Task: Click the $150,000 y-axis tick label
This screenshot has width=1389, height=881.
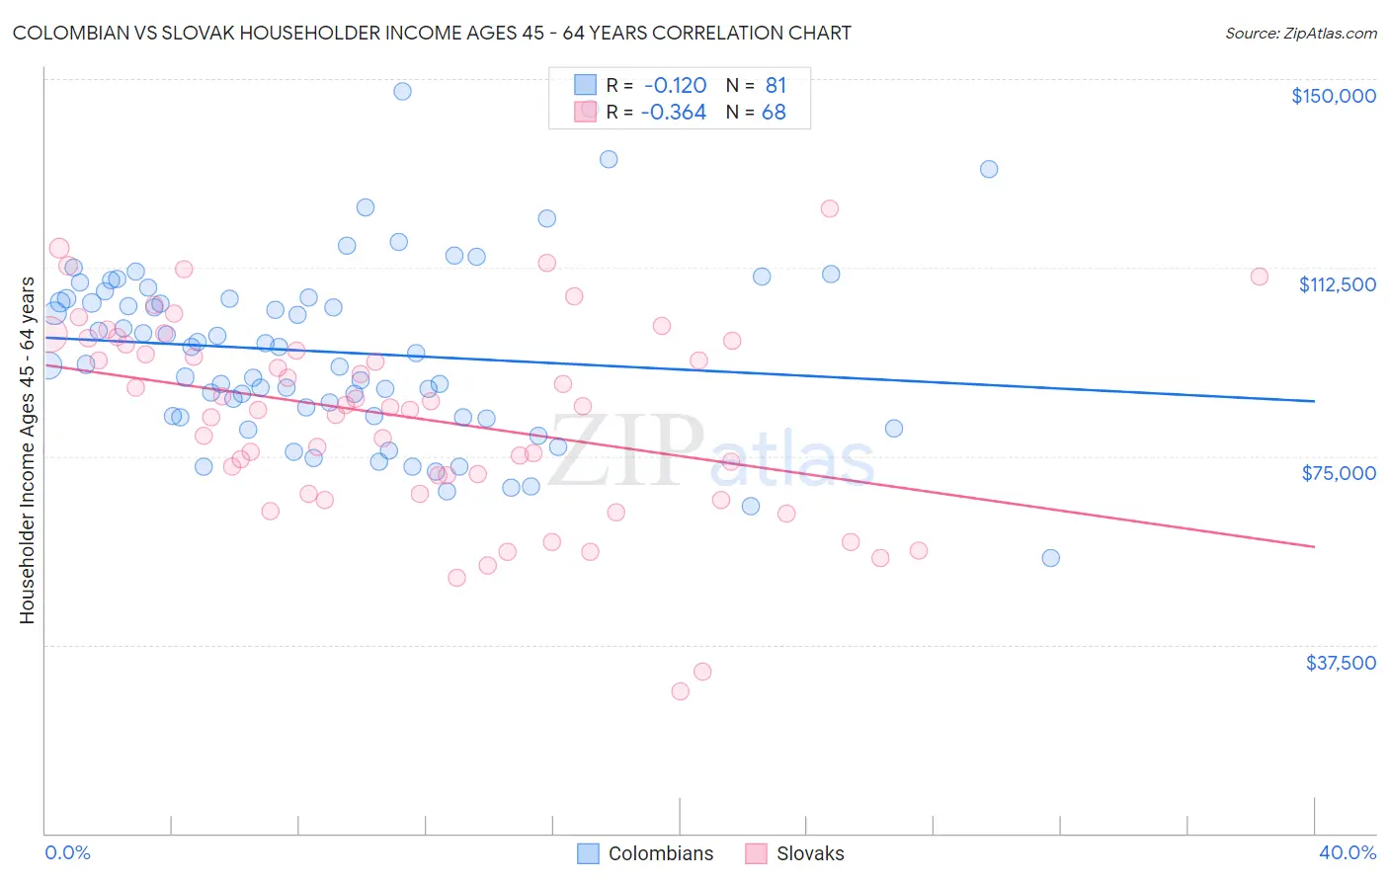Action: [1333, 96]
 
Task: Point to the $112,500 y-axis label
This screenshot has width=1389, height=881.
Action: [1337, 284]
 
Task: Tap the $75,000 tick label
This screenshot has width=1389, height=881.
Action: [1339, 473]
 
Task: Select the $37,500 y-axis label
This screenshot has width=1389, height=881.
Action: [1341, 663]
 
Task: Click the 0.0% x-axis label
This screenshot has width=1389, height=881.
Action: [67, 852]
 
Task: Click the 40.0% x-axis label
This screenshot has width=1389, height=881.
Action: [1347, 852]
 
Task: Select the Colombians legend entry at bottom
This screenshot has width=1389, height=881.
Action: [645, 853]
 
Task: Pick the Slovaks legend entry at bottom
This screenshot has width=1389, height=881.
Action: [795, 853]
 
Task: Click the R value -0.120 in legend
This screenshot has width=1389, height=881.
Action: [674, 86]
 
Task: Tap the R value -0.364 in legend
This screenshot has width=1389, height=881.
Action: [674, 113]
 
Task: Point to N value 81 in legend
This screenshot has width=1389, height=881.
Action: [776, 86]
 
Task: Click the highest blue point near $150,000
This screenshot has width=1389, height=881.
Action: [402, 91]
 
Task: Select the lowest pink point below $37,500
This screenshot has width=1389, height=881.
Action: [680, 691]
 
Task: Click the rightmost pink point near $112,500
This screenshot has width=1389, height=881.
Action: [1260, 277]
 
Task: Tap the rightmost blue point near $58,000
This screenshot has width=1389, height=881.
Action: [1051, 558]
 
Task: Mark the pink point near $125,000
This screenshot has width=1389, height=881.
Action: [830, 208]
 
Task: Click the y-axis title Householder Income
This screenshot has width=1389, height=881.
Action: [27, 450]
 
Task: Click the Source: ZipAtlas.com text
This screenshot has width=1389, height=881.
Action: [1300, 34]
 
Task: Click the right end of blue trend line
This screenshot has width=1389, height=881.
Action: [1314, 401]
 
